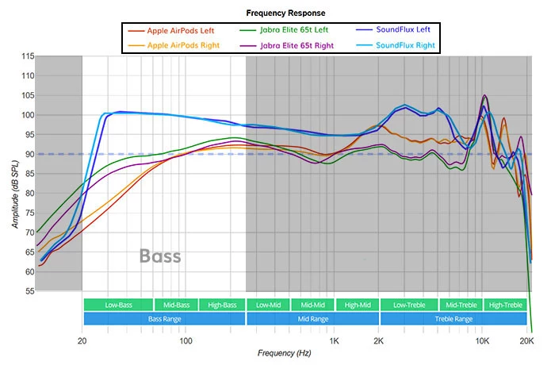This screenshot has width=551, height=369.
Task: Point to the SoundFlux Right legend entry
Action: (x=404, y=45)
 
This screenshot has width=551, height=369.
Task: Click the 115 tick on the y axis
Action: (x=28, y=56)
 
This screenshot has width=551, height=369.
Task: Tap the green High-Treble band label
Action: (x=505, y=305)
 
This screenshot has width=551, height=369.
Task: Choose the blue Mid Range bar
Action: (x=312, y=318)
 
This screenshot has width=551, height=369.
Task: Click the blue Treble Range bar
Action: (x=453, y=318)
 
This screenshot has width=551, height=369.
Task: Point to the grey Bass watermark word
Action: (x=160, y=256)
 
